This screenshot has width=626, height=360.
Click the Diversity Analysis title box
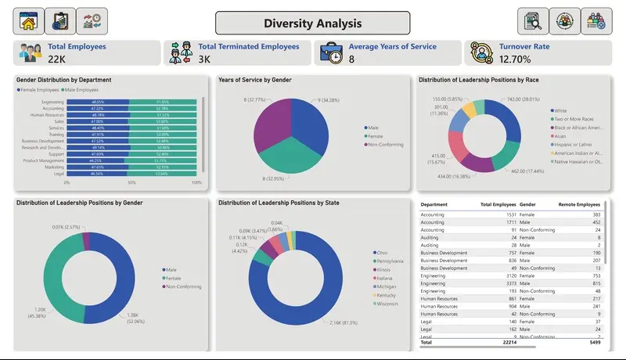tap(312, 23)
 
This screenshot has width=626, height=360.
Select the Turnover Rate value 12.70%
tap(515, 59)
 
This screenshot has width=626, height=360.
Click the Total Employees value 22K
tap(56, 59)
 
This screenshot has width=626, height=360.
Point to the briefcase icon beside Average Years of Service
tap(332, 53)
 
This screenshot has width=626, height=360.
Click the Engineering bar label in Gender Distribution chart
tap(53, 102)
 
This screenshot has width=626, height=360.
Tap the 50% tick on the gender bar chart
tap(131, 182)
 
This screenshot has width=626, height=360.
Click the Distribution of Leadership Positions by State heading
tap(279, 203)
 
